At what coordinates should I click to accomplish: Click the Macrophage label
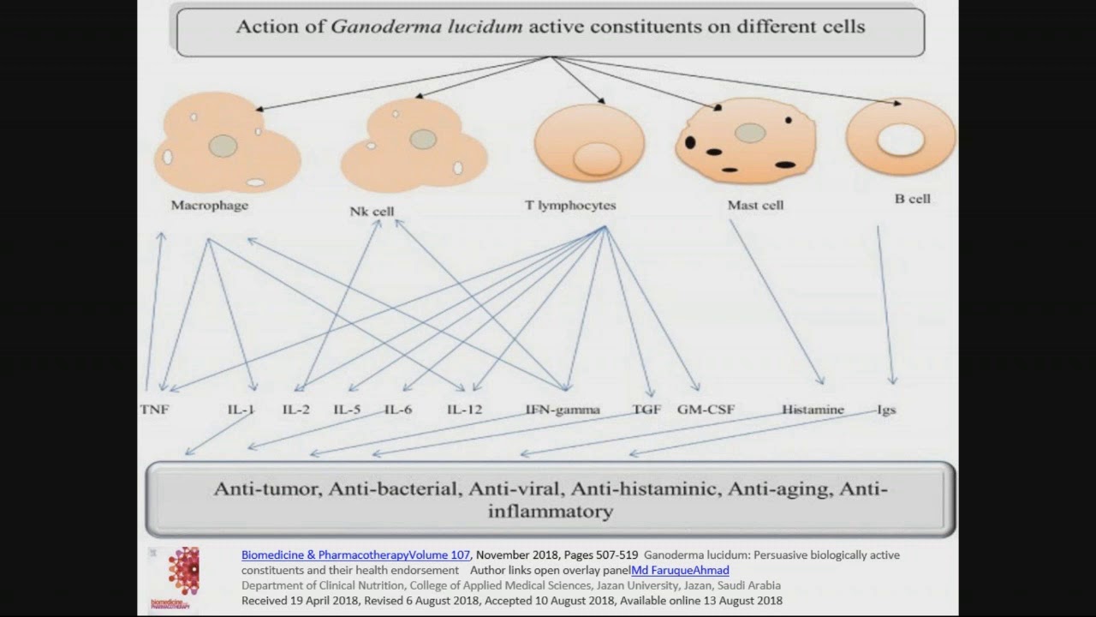point(210,206)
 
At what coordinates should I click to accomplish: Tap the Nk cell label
point(372,211)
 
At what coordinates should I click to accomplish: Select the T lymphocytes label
point(570,206)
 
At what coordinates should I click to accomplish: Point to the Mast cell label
point(755,206)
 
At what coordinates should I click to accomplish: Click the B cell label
point(912,199)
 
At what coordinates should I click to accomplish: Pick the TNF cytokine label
point(154,410)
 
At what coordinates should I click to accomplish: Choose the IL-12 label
point(464,410)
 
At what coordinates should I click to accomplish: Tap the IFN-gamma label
point(563,410)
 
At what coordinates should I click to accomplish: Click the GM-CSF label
point(706,410)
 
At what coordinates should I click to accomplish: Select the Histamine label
point(813,410)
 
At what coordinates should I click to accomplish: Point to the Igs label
point(886,410)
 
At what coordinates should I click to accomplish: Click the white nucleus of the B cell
point(901,140)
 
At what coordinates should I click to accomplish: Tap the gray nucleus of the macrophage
point(223,146)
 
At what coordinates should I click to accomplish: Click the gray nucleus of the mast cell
point(750,133)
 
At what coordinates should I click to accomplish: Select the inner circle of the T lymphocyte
point(597,159)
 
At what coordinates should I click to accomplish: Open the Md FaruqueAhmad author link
point(680,570)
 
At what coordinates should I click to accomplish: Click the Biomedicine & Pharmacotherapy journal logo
point(183,572)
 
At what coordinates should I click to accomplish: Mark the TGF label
point(646,410)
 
